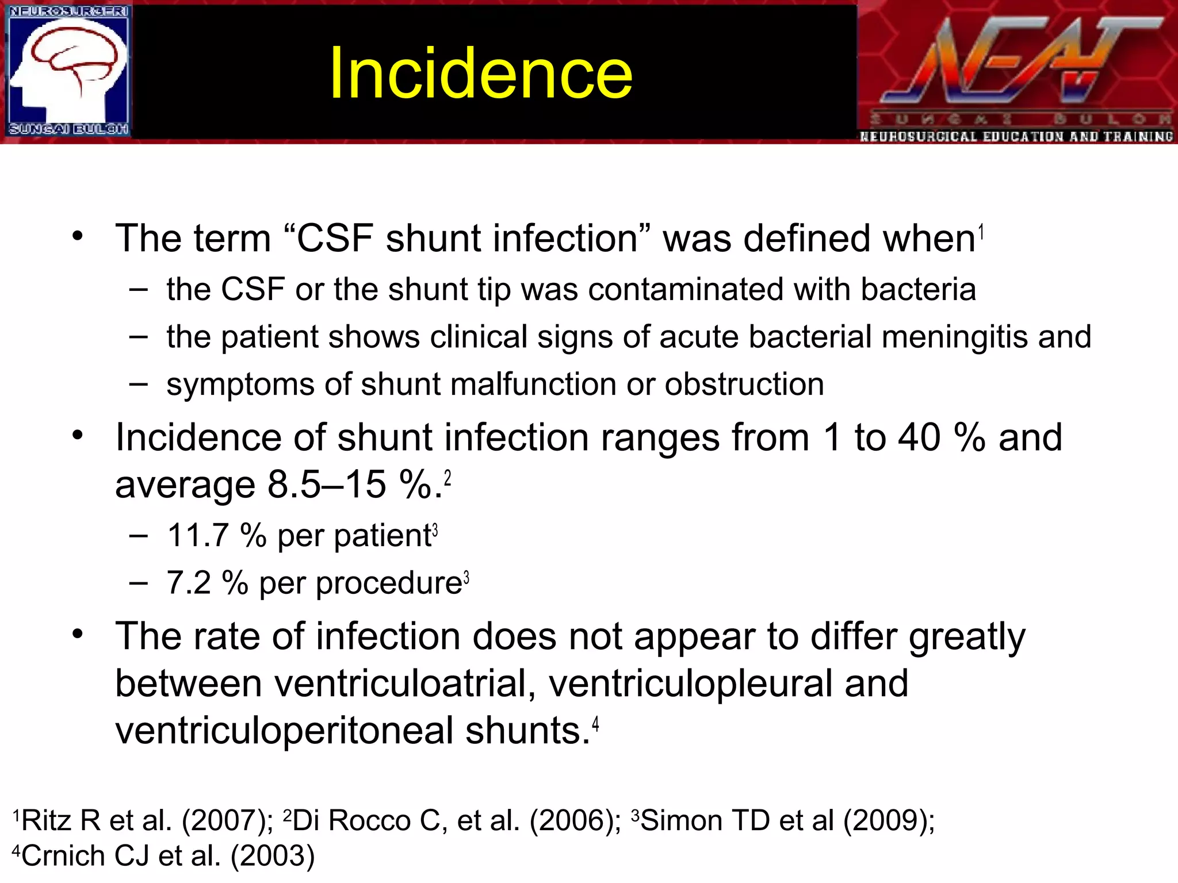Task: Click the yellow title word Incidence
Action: coord(481,74)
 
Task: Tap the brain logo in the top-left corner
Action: coord(68,71)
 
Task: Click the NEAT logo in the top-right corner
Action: coord(1017,72)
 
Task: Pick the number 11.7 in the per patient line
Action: coord(198,536)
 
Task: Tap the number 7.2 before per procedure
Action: coord(189,583)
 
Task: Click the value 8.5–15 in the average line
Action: coord(327,485)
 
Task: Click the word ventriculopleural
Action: coord(691,684)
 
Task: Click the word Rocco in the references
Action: coord(369,820)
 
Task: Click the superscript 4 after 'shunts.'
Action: coord(596,724)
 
